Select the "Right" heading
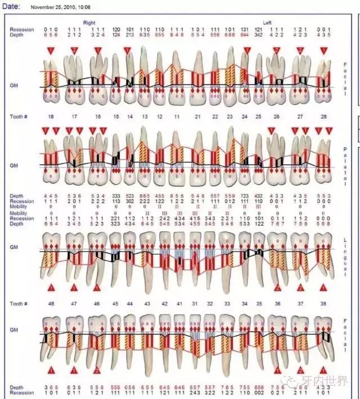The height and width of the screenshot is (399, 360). (x=89, y=23)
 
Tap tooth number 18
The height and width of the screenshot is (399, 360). (x=51, y=116)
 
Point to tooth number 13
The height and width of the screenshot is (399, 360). (x=145, y=116)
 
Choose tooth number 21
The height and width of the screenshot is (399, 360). (x=197, y=116)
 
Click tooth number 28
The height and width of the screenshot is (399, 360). (x=323, y=116)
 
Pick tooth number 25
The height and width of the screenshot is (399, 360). (x=258, y=116)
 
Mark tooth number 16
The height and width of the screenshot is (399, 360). (x=98, y=116)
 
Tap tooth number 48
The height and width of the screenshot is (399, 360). (x=51, y=303)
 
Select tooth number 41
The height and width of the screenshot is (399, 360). (x=180, y=303)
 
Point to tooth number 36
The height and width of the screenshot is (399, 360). (x=277, y=303)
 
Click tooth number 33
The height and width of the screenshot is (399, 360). (x=228, y=303)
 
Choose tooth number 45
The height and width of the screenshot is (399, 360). (x=115, y=303)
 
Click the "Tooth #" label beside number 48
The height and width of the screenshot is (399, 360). (x=18, y=303)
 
